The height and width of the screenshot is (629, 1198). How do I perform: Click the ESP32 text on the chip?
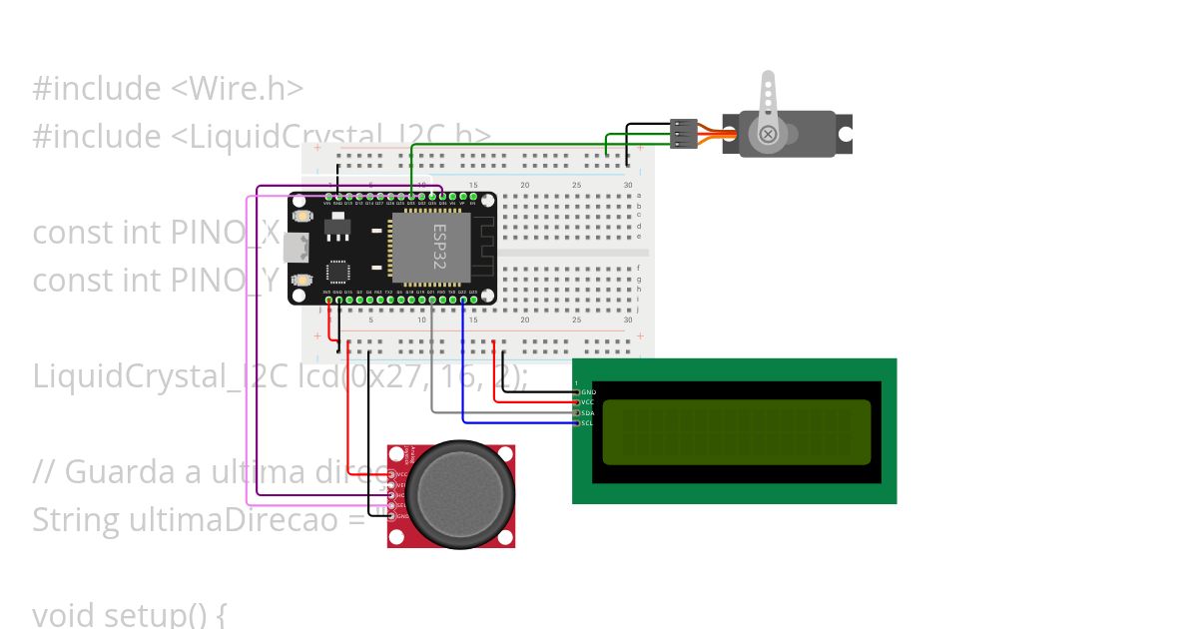point(439,247)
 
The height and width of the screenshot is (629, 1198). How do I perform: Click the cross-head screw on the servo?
point(768,134)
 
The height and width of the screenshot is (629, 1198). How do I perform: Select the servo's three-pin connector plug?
point(684,134)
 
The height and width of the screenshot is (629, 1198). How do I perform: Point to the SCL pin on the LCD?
point(578,423)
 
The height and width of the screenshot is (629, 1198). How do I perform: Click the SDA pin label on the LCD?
point(588,412)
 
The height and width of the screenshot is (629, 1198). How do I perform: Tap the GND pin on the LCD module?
point(578,391)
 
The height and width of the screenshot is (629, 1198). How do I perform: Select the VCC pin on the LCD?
point(578,402)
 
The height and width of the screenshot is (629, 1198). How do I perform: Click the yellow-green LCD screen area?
point(735,431)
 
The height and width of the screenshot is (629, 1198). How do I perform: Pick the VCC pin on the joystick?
point(393,474)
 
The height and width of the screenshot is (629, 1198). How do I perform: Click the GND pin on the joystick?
point(393,516)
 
